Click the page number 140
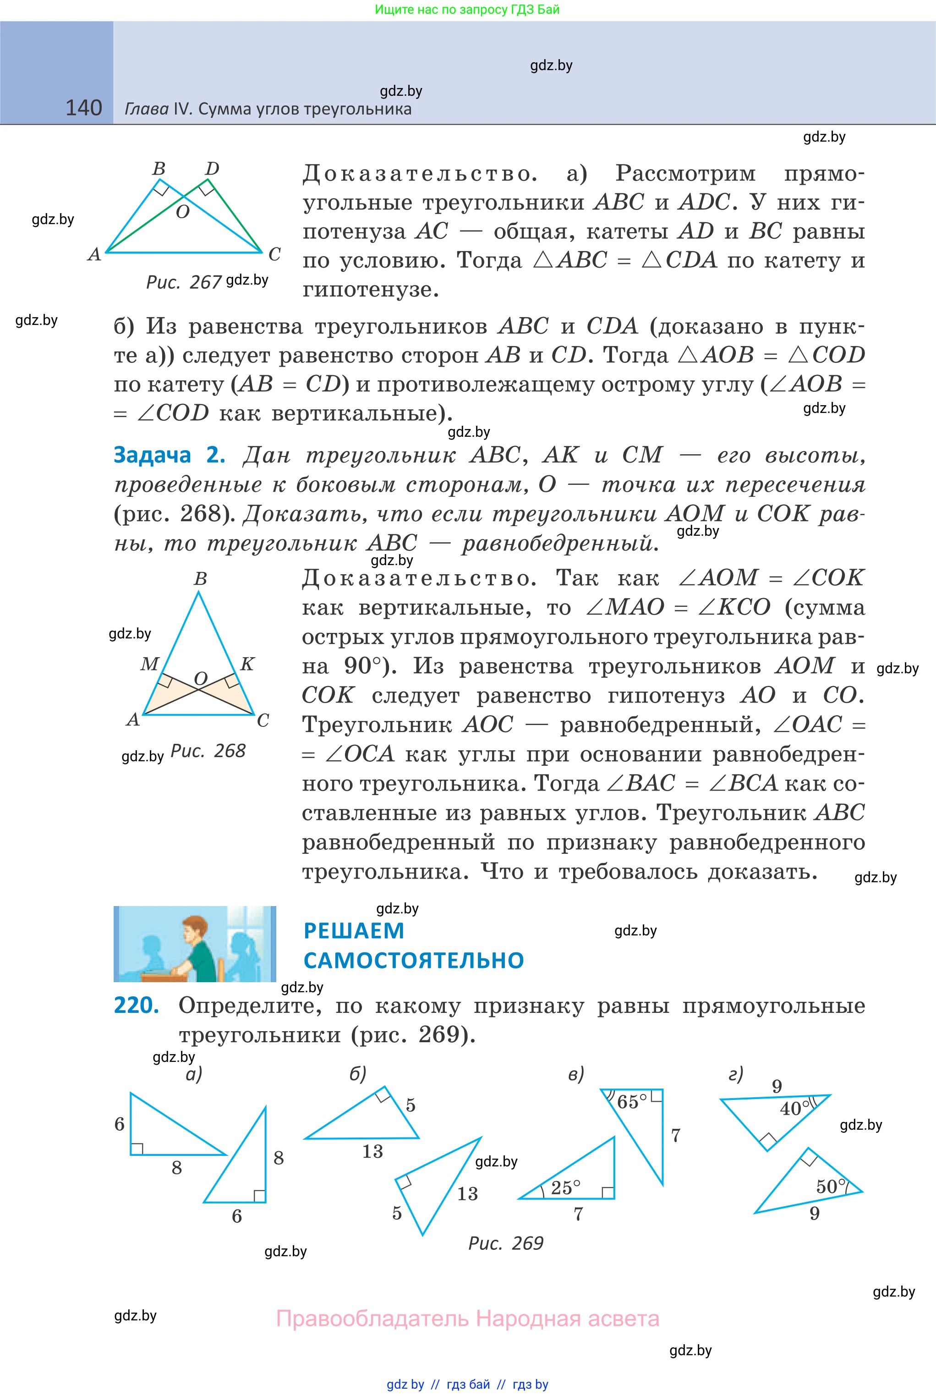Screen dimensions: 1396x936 [x=83, y=108]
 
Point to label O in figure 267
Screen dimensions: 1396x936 [x=183, y=211]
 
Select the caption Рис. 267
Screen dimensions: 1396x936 [x=183, y=282]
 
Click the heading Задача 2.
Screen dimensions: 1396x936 [x=170, y=455]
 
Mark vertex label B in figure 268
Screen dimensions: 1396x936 [x=201, y=578]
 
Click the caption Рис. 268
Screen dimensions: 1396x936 [x=208, y=751]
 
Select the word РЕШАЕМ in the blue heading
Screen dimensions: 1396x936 [x=354, y=931]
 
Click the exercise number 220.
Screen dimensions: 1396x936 [x=137, y=1006]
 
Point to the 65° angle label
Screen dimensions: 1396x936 [x=632, y=1102]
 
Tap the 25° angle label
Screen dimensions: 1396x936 [x=565, y=1187]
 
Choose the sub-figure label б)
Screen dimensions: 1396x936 [x=357, y=1073]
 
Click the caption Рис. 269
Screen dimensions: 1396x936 [x=506, y=1243]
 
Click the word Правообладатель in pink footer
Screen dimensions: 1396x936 [x=372, y=1319]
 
